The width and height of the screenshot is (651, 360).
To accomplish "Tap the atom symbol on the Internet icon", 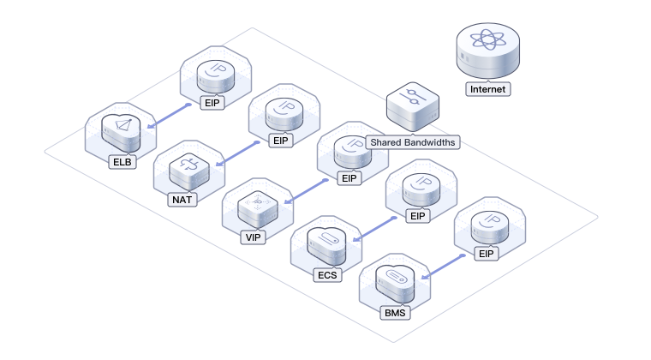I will coord(488,40).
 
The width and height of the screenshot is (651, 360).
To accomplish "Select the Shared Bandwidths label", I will coord(412,142).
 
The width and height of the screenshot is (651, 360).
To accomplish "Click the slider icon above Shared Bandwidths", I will coord(413,96).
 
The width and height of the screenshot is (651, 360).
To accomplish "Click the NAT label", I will coord(183,200).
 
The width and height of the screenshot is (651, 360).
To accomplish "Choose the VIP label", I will coord(253,237).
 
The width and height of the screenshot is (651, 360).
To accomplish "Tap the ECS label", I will coord(328,275).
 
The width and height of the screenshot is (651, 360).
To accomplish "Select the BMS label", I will coord(396,313).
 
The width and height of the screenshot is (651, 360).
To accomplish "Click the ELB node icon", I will coord(120,129).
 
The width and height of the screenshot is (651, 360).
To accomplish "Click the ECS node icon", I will coord(327,242).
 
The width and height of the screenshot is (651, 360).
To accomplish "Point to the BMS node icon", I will coord(397,279).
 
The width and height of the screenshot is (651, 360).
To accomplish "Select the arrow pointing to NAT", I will coord(236,154).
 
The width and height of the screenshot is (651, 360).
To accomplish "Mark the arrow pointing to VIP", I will coord(306,192).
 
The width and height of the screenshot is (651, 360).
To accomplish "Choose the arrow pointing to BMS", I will coord(445,267).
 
